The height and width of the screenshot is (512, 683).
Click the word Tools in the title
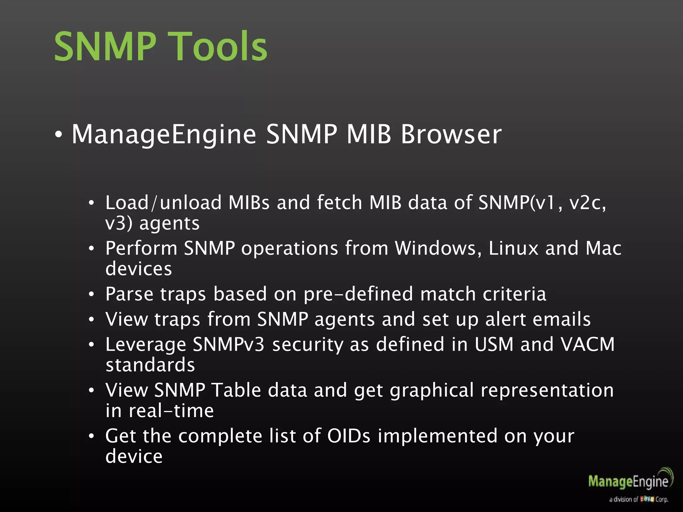pos(220,47)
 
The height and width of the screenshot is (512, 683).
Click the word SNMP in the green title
pos(105,47)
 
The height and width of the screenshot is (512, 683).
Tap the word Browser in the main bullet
pos(451,134)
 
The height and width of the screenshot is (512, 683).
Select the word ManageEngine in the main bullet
pos(164,134)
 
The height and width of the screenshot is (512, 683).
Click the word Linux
pos(514,248)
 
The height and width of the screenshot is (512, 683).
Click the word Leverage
pos(146,345)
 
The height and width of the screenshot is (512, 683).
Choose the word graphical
pos(432,391)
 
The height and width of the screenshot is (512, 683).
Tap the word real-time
pos(171,411)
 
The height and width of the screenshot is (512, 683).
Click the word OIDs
pos(349,436)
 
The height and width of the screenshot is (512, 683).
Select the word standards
pos(150,365)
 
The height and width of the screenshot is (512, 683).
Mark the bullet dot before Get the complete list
pos(91,436)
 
